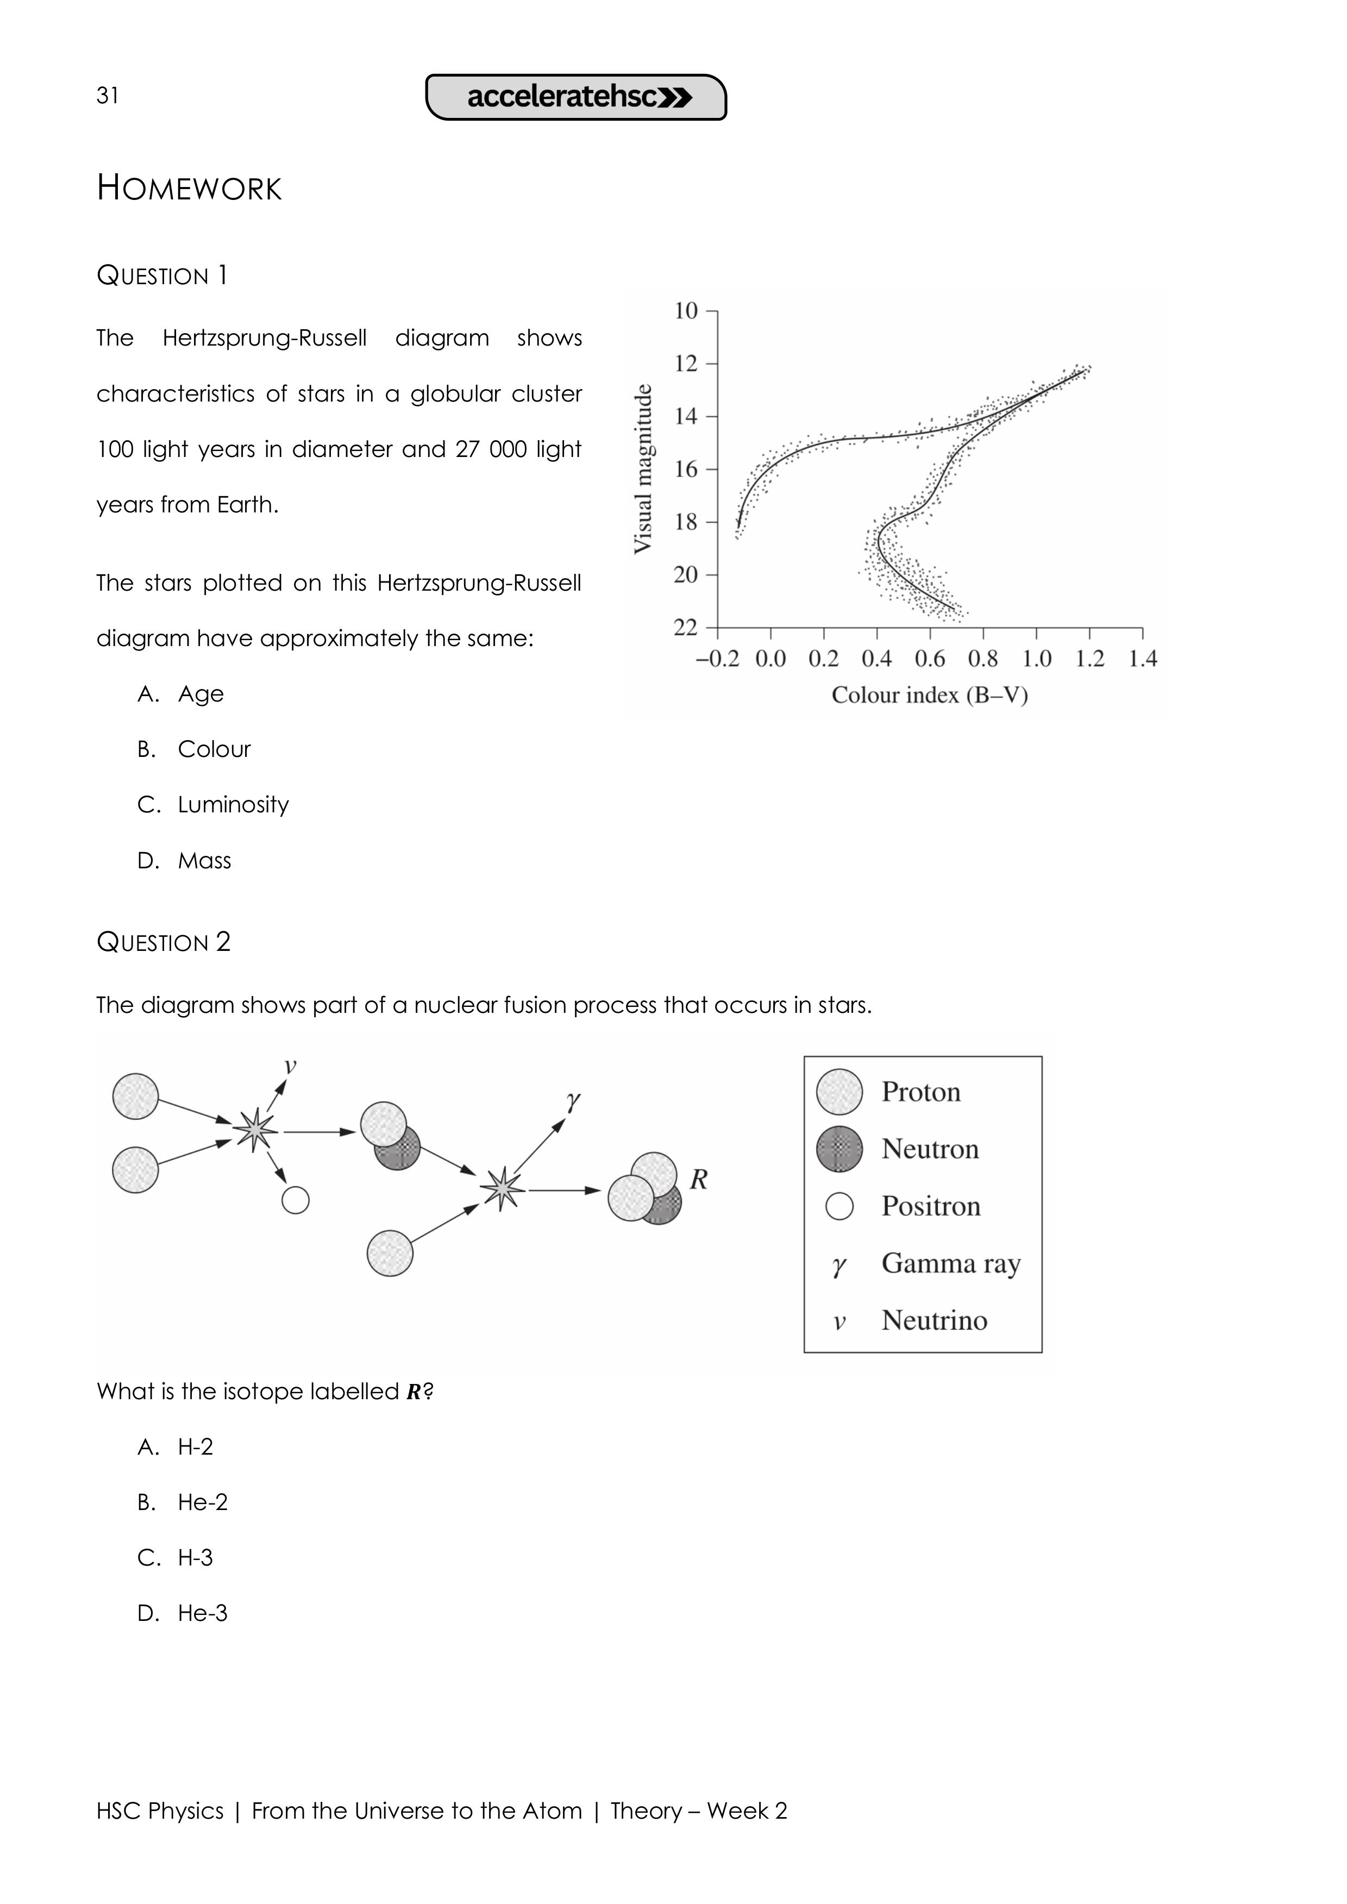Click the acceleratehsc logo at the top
click(577, 97)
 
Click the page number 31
click(108, 96)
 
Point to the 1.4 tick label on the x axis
click(1142, 659)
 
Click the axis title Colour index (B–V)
click(929, 695)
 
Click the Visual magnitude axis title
click(643, 468)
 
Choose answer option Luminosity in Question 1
click(233, 804)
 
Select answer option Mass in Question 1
click(204, 861)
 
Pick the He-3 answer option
click(202, 1613)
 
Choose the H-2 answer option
click(196, 1446)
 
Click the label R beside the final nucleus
click(698, 1179)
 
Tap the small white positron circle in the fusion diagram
click(295, 1200)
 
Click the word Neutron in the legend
click(930, 1149)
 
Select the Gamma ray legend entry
click(950, 1263)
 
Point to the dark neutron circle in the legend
click(839, 1149)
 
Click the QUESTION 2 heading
click(164, 942)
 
